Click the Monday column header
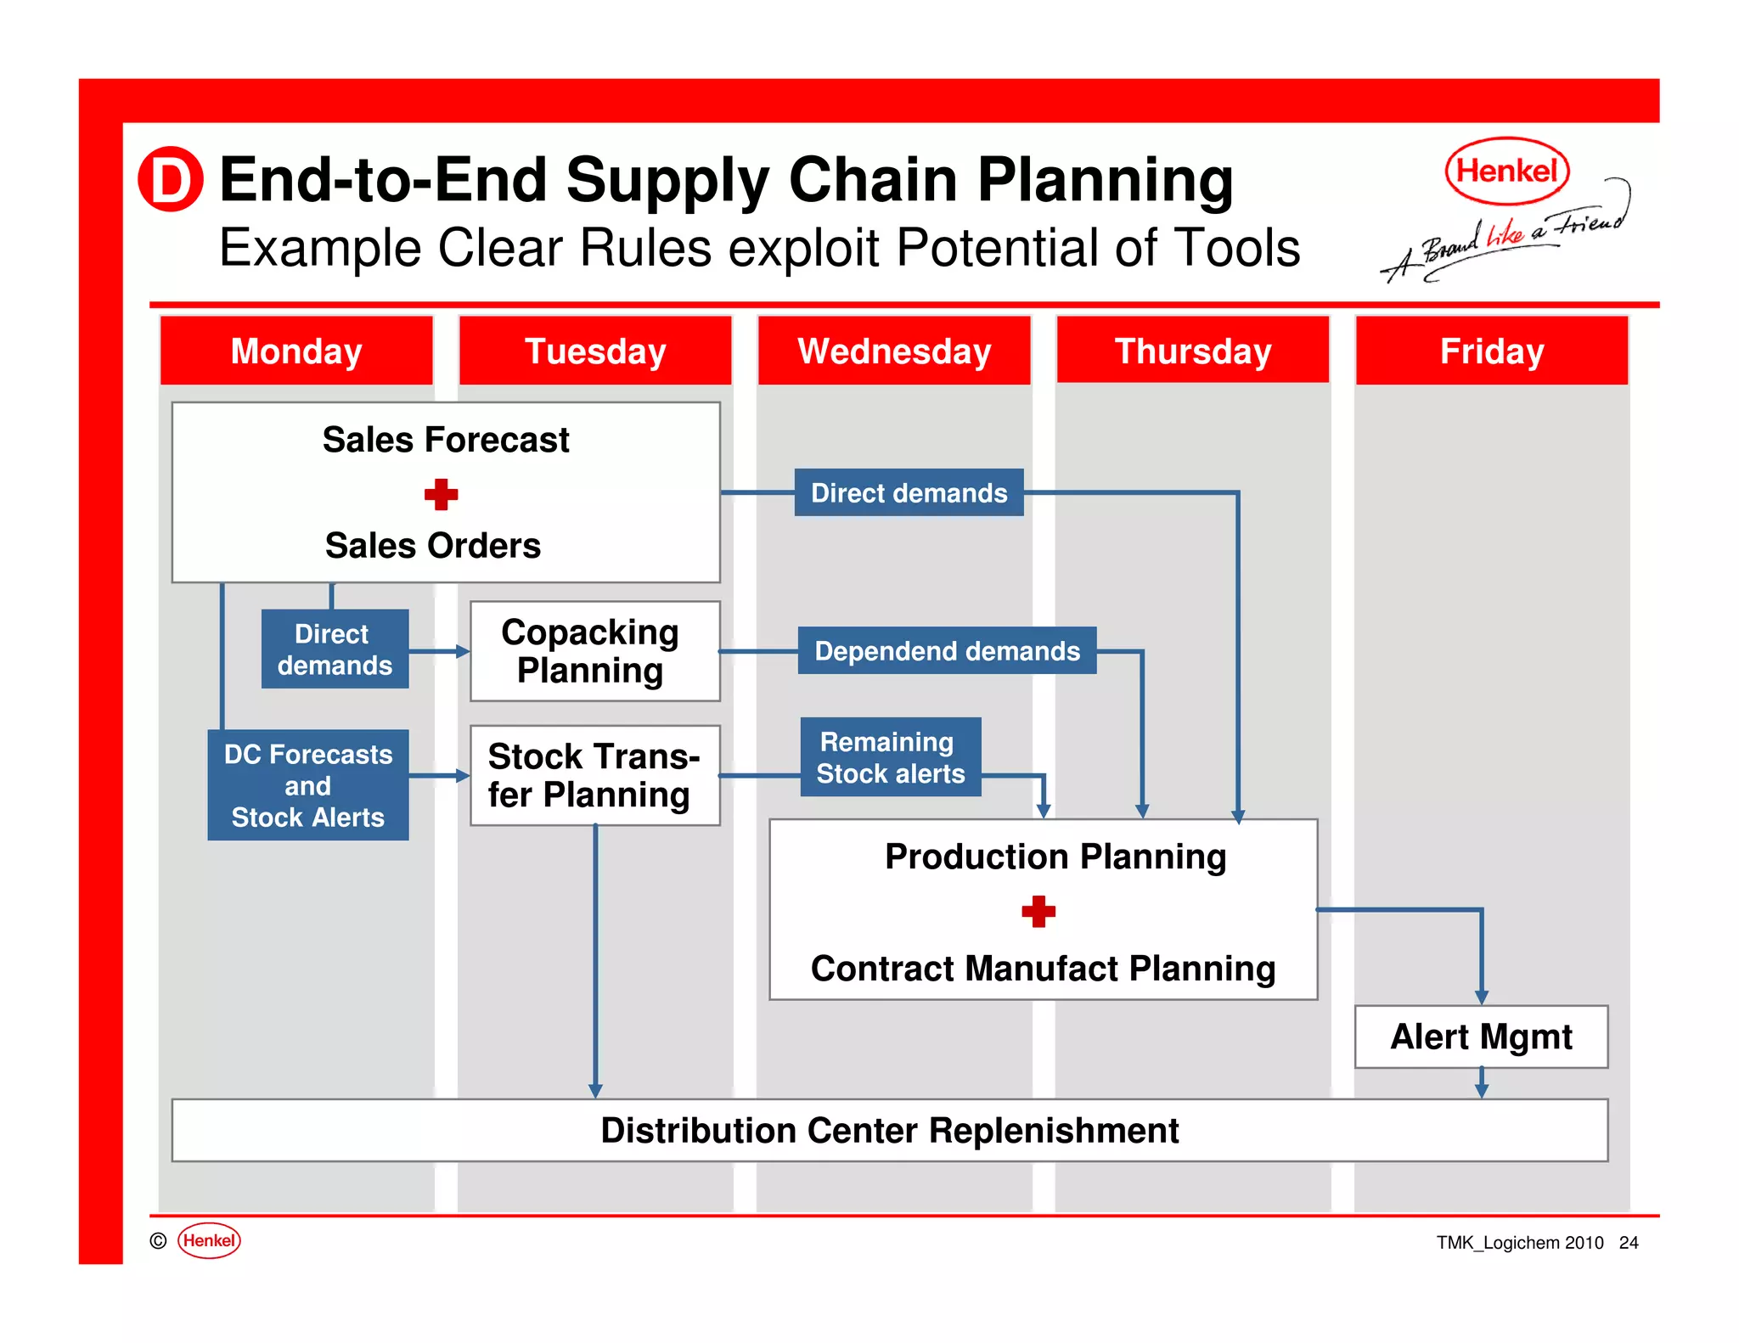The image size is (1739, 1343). [296, 351]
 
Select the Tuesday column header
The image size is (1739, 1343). [594, 351]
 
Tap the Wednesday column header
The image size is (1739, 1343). [894, 351]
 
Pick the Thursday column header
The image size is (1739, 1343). [1192, 351]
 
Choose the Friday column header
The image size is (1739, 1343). [1491, 351]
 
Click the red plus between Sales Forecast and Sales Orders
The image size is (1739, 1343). [441, 494]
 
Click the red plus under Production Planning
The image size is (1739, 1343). [1038, 912]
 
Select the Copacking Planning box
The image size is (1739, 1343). [594, 651]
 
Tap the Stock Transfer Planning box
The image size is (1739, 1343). [594, 775]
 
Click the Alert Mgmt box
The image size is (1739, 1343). [1481, 1037]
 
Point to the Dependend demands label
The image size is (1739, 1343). [947, 651]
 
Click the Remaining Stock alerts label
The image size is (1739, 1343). [890, 757]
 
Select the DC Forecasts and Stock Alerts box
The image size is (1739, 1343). [307, 785]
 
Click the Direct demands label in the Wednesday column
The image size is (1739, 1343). [909, 492]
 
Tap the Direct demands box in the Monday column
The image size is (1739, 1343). [335, 649]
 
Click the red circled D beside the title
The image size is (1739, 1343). [171, 179]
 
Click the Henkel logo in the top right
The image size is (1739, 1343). [1507, 171]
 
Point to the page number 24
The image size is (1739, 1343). [1628, 1243]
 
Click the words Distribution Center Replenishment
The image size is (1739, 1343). [889, 1131]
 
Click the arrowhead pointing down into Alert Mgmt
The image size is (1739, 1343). [1481, 997]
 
